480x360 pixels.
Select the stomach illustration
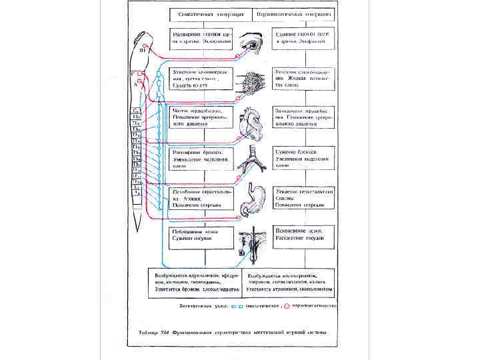pos(253,200)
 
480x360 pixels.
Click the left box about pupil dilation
pos(201,37)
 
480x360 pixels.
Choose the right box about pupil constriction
pos(303,37)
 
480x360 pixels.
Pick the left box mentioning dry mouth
pos(201,77)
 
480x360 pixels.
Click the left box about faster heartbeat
pos(201,117)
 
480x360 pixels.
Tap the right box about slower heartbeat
pos(303,117)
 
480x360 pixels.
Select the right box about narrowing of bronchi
pos(303,159)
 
